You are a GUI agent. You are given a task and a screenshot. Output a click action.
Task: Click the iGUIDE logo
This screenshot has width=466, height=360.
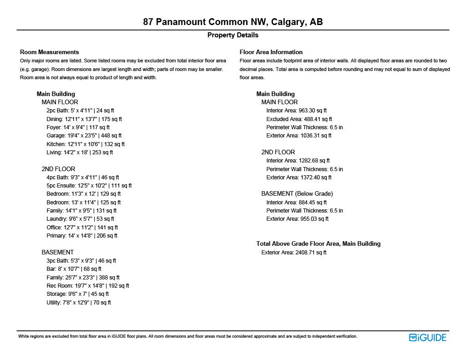click(427, 337)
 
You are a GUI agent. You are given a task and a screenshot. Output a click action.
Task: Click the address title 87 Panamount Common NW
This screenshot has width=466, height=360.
click(233, 22)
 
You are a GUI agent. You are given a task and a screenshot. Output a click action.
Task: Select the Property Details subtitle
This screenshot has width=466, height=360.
click(233, 35)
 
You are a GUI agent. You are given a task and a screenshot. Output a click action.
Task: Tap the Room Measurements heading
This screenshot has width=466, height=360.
click(49, 52)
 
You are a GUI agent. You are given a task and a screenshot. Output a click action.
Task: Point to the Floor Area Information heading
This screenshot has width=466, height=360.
click(271, 52)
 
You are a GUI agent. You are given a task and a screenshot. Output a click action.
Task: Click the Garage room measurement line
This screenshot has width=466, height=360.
click(84, 136)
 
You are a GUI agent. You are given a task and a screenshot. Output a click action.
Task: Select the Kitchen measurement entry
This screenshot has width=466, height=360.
click(85, 144)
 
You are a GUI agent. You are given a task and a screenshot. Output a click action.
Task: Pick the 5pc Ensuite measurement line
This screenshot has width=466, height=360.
click(89, 186)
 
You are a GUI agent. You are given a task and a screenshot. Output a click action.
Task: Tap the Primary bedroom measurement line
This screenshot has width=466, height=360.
click(81, 236)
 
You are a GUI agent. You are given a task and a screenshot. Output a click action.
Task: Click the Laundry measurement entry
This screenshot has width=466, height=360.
click(80, 219)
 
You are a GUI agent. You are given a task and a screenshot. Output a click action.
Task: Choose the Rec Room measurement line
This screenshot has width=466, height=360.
click(87, 286)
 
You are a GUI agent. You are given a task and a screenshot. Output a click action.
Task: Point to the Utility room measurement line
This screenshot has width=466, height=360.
click(78, 303)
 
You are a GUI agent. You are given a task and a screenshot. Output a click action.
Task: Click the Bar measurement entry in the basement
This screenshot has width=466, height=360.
click(74, 269)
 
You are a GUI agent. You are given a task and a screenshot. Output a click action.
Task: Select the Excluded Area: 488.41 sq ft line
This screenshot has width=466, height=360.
click(299, 119)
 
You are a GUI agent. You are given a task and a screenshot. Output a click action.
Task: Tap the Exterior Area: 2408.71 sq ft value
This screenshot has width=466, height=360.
click(294, 252)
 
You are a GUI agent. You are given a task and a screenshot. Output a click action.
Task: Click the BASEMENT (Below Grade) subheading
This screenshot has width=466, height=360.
click(297, 194)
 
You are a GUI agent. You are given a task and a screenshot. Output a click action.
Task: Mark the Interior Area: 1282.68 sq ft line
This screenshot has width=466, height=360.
click(298, 161)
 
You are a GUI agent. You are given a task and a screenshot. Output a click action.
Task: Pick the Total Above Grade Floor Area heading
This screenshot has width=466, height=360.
click(318, 243)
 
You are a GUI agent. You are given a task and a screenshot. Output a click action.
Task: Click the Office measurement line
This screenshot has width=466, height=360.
click(82, 228)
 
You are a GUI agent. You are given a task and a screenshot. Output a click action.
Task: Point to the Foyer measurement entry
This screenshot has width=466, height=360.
click(78, 127)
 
